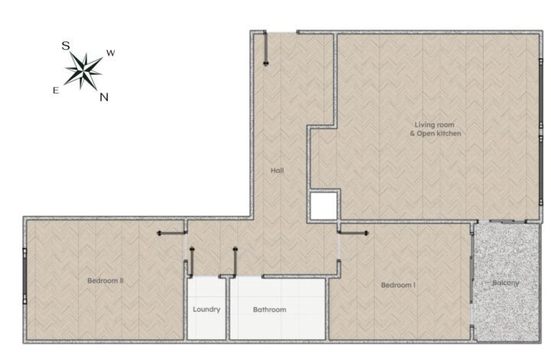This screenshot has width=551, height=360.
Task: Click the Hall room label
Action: pos(277,171)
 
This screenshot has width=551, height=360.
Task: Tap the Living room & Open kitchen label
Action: pos(435,129)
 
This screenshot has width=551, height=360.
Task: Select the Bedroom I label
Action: pos(398,285)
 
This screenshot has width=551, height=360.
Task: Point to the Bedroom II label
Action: pos(105,280)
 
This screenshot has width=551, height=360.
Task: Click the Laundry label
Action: pos(207,309)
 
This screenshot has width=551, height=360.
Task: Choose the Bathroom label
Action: pos(269,309)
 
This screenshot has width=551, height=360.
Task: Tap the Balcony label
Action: pos(505,283)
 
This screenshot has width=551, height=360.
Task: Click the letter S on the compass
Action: pos(66,46)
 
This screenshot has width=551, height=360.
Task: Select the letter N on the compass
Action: pos(103,97)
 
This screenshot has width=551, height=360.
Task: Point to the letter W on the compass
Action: pos(111,53)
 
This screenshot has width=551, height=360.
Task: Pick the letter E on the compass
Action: pos(56,90)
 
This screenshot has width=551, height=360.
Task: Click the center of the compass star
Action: pos(83,71)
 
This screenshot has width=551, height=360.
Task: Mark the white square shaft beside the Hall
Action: pos(324,206)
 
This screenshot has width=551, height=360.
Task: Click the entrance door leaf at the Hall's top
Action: pos(266,48)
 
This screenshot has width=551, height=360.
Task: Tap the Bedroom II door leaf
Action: pos(171,233)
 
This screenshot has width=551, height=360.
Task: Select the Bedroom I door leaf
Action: pos(353,233)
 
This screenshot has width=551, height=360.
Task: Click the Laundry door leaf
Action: pos(192,262)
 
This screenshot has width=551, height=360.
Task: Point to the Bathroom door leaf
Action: pos(235,262)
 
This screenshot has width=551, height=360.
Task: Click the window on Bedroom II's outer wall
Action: pos(24,276)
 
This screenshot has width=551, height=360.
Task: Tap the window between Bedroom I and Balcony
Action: pos(471,280)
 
